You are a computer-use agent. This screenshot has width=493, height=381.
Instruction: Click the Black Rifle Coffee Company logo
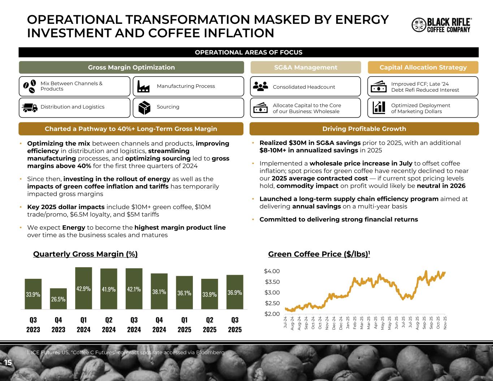(x=441, y=25)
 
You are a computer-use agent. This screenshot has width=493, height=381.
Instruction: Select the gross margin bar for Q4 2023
(x=58, y=299)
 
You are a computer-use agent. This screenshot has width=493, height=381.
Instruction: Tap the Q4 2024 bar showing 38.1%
(x=159, y=291)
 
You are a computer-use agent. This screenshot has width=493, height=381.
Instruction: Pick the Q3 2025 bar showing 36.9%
(x=235, y=292)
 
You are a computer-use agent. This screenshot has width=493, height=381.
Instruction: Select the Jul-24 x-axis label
(x=285, y=321)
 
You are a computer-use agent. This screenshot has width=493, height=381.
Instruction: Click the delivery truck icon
(x=30, y=108)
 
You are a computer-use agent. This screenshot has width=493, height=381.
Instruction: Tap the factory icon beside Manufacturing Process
(x=143, y=86)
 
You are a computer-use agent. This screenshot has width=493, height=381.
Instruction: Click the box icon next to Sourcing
(x=144, y=107)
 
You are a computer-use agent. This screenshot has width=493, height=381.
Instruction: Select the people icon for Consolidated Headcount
(x=260, y=86)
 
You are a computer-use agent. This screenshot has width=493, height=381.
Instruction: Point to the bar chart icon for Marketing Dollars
(x=379, y=107)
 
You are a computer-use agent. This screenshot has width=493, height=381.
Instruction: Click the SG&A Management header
(x=306, y=68)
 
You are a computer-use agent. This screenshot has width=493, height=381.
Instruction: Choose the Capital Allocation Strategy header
(x=423, y=68)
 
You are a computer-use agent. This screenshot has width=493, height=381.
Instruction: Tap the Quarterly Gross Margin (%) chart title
(x=85, y=254)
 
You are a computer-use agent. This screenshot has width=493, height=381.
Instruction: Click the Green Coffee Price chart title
(x=319, y=254)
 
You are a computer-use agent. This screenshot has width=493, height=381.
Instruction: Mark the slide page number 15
(x=8, y=363)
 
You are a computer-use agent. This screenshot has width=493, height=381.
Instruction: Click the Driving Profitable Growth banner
(x=364, y=129)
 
